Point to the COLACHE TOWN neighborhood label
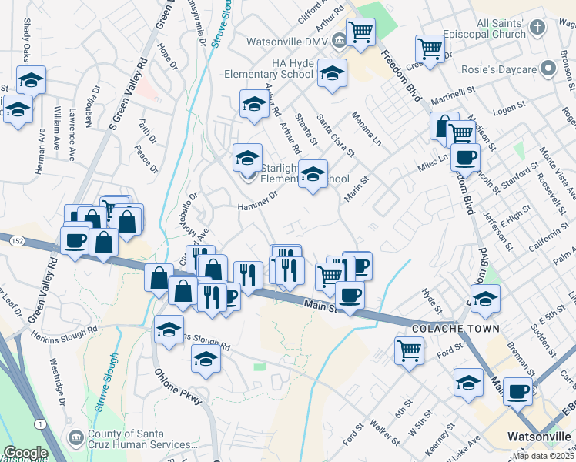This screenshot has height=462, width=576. click(x=455, y=329)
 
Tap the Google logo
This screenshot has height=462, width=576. click(x=25, y=453)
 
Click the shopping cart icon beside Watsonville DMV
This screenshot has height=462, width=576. click(x=360, y=32)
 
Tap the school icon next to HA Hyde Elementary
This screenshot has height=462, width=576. click(x=333, y=73)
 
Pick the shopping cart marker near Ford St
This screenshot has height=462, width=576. click(x=409, y=350)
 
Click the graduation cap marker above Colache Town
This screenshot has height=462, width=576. click(x=485, y=298)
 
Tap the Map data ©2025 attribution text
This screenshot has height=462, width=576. click(x=542, y=455)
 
